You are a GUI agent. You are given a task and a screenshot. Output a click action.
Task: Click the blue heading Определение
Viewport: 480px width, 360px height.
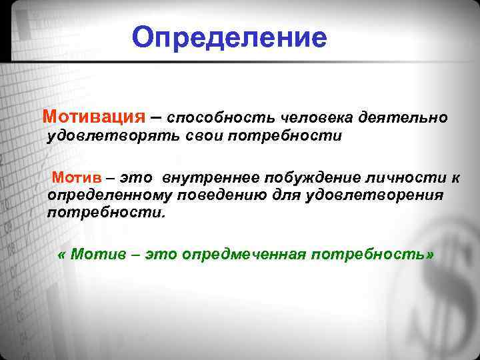point(229,38)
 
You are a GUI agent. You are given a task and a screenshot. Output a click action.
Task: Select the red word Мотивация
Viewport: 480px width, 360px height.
point(93,117)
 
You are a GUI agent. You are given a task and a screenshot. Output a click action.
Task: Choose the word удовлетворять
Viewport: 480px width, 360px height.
point(111,137)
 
